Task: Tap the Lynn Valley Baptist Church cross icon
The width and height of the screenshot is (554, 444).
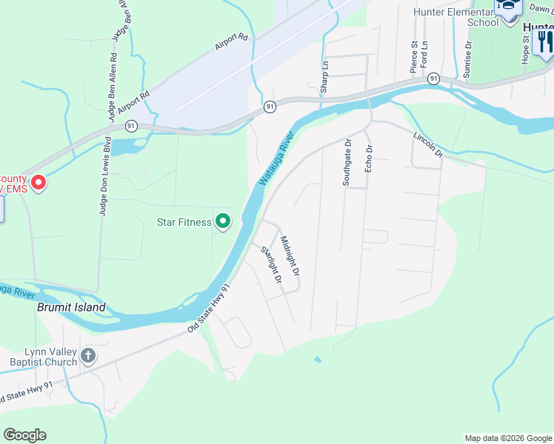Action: (87, 357)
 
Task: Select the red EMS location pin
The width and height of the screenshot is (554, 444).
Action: (38, 181)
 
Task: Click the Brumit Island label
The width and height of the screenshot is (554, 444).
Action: (71, 307)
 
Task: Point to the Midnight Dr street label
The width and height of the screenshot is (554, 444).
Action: (290, 256)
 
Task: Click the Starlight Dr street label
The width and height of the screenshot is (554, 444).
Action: (272, 264)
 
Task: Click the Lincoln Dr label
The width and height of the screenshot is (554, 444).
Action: (427, 144)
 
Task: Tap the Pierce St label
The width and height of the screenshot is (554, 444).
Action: (414, 57)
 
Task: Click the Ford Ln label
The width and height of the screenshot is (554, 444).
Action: (424, 55)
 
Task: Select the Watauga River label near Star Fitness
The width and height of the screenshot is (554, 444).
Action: (276, 159)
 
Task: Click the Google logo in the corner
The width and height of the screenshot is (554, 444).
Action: (24, 435)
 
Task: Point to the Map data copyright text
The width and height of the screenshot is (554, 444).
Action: (507, 438)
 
